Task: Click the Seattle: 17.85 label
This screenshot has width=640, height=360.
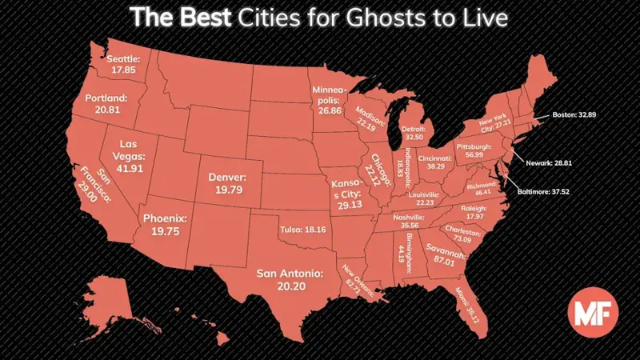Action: coord(123,64)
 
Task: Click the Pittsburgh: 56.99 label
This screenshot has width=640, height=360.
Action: coord(473,152)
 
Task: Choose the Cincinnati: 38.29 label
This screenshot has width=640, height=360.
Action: coord(440,162)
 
